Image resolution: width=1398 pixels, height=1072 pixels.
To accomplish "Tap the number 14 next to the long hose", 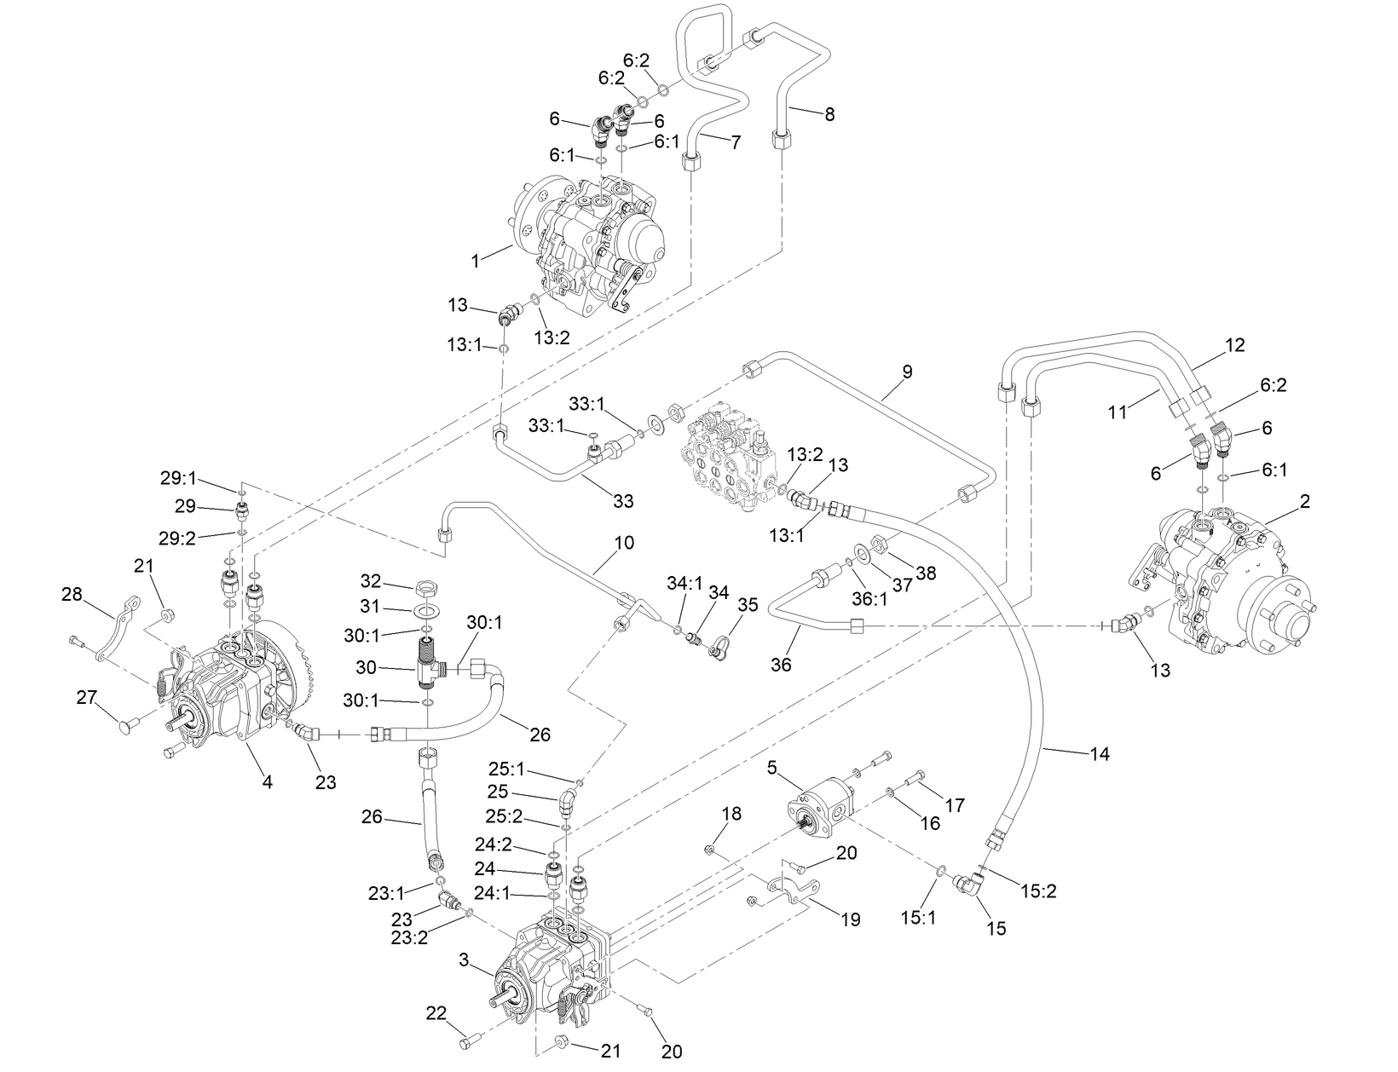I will [x=1100, y=753].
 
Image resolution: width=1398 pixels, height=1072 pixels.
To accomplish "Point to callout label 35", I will [x=747, y=605].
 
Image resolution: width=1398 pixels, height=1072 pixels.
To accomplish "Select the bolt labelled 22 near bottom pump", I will [x=465, y=1041].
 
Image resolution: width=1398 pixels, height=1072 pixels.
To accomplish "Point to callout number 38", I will [x=925, y=573].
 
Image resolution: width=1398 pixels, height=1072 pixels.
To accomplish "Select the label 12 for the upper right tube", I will [x=1234, y=345].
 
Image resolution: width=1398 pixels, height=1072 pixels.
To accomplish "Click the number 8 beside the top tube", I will [x=829, y=114].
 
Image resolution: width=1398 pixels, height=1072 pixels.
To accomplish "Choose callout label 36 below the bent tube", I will [x=781, y=664].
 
